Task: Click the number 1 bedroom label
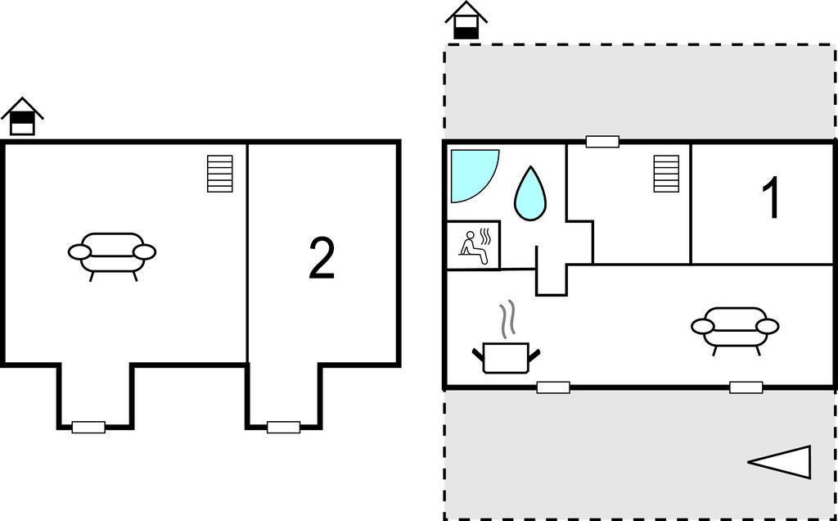(x=771, y=199)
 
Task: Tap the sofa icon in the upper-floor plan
(x=112, y=253)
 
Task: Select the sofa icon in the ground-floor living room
(x=735, y=328)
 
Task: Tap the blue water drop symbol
(x=529, y=194)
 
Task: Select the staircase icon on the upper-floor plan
(x=220, y=174)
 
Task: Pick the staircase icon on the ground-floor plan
(x=666, y=174)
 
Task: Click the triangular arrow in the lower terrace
(x=782, y=463)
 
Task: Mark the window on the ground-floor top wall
(x=602, y=142)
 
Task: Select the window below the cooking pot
(x=553, y=387)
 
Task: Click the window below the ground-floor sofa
(x=746, y=387)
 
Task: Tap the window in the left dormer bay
(x=88, y=427)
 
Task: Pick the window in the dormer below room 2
(x=283, y=427)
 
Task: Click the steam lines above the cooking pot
(x=508, y=319)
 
